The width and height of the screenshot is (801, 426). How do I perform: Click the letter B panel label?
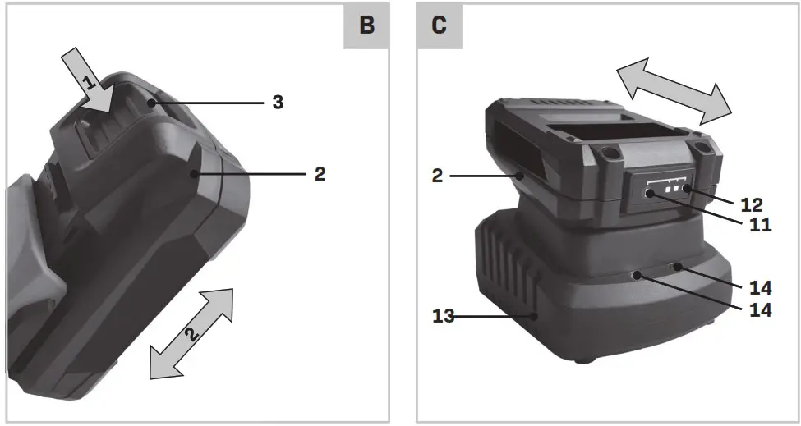coord(366,25)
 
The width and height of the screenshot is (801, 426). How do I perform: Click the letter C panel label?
coord(440,25)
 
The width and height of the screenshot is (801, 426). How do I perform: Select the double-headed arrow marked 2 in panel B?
coord(191,333)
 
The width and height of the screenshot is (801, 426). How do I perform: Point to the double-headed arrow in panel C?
coord(674,91)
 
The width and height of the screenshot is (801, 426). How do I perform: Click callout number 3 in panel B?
coord(278,103)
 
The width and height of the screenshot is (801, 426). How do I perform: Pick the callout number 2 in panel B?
coord(320,175)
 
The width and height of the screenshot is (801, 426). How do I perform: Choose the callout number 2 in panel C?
coord(437,176)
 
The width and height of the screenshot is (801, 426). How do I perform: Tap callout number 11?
coord(761,224)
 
